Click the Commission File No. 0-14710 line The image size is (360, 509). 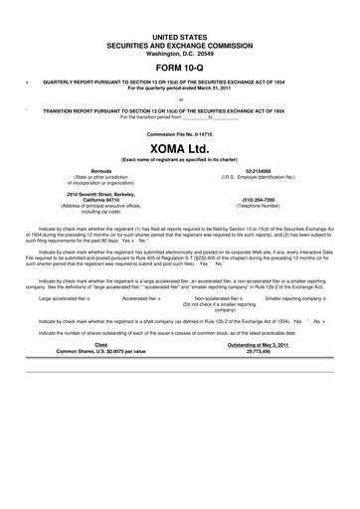180,132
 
